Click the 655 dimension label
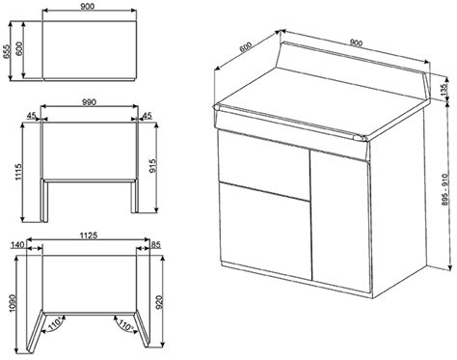coord(7,51)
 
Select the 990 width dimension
coord(89,102)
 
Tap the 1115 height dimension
coord(18,172)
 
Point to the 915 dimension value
coord(153,165)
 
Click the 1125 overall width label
coord(89,235)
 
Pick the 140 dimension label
coord(17,245)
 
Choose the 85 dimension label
coord(155,245)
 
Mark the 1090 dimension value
coord(13,304)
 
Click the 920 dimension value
coord(160,301)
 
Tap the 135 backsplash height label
coord(444,90)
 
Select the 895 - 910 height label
coord(444,190)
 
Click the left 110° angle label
coord(55,323)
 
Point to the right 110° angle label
coord(125,324)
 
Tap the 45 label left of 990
coord(31,116)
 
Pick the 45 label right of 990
coord(148,116)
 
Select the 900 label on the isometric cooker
coord(356,42)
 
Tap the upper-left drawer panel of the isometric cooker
coord(263,165)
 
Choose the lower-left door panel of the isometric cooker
coord(265,231)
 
